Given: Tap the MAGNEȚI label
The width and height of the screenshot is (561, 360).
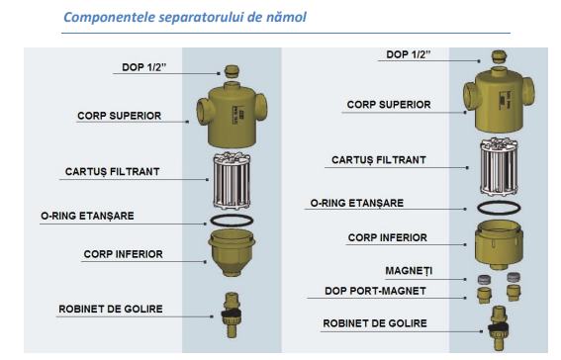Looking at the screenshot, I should point(407,269).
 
